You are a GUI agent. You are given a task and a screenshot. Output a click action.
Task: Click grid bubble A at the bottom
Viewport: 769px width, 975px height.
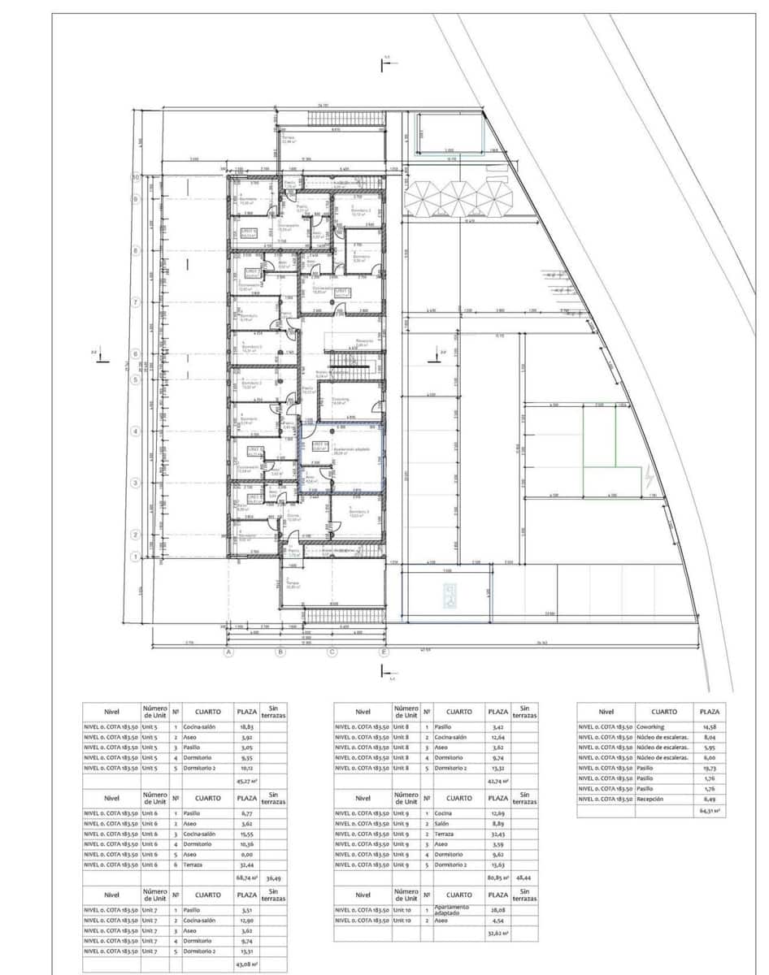pyautogui.click(x=228, y=652)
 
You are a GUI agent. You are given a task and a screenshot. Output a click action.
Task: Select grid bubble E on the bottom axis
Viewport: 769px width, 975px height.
pyautogui.click(x=384, y=652)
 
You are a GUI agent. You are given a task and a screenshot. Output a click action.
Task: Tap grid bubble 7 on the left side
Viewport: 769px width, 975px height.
pyautogui.click(x=137, y=302)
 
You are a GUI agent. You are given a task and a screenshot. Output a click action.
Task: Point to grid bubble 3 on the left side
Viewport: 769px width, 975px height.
pyautogui.click(x=137, y=483)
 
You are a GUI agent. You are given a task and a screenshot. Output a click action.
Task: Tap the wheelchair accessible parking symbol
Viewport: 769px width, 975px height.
pyautogui.click(x=449, y=599)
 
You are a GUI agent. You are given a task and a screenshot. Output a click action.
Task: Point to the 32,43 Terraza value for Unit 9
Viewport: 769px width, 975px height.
pyautogui.click(x=497, y=834)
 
